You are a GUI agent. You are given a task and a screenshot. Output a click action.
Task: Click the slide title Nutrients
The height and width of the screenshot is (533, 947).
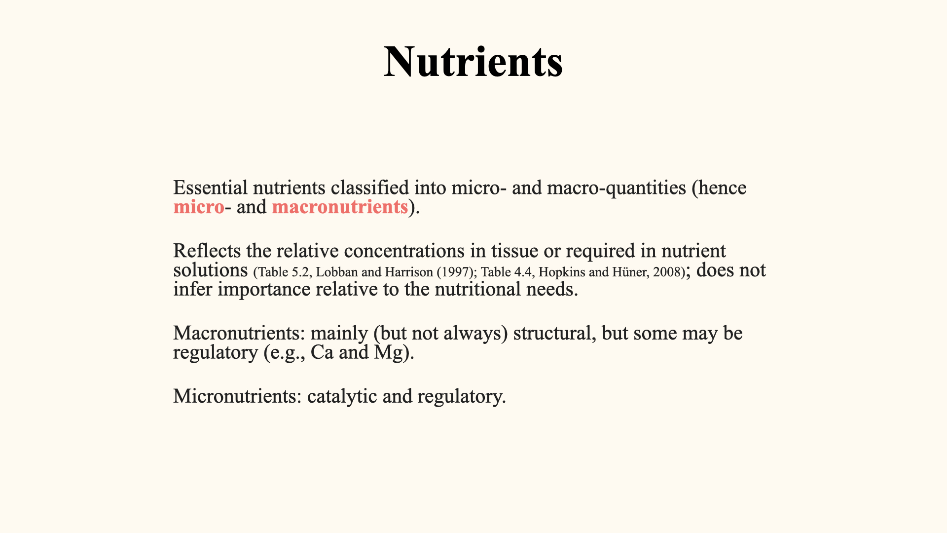pyautogui.click(x=473, y=62)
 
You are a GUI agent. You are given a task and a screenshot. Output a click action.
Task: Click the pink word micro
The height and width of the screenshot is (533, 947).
pyautogui.click(x=199, y=207)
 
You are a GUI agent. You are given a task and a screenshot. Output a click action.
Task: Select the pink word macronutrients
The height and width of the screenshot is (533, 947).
pyautogui.click(x=340, y=207)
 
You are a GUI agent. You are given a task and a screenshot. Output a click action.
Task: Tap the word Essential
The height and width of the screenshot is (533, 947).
pyautogui.click(x=211, y=188)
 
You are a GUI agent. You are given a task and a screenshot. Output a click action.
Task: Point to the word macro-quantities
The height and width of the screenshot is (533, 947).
pyautogui.click(x=617, y=189)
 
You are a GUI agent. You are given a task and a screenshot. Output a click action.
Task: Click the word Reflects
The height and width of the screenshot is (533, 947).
pyautogui.click(x=207, y=251)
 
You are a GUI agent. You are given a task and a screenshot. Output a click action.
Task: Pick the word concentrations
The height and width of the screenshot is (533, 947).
pyautogui.click(x=404, y=251)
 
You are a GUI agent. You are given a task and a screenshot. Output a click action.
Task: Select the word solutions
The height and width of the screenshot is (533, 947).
pyautogui.click(x=211, y=270)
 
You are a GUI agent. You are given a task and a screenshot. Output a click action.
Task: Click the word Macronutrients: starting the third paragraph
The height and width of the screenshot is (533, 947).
pyautogui.click(x=239, y=333)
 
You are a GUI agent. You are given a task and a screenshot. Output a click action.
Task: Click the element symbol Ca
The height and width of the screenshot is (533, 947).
pyautogui.click(x=322, y=352)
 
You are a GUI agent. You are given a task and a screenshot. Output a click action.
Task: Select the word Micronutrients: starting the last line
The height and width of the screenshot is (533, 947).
pyautogui.click(x=237, y=396)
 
